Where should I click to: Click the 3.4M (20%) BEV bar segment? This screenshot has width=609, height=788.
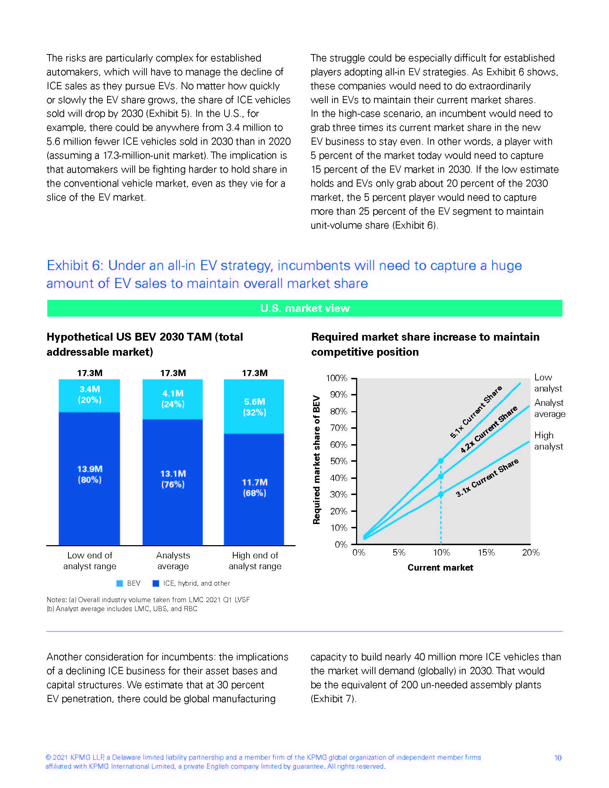(90, 395)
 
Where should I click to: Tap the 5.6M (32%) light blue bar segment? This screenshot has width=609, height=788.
(254, 407)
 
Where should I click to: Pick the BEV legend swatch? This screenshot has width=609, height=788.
(120, 583)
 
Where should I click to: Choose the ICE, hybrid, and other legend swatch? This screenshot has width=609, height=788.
(156, 583)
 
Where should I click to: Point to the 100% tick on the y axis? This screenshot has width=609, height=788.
(337, 378)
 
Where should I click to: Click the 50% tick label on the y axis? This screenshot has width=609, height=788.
(339, 461)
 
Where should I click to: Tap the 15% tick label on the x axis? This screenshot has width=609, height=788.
(486, 552)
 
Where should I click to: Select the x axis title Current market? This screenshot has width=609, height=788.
(440, 568)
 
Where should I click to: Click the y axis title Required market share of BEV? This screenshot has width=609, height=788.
(316, 460)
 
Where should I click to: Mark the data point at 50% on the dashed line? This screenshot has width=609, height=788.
(441, 461)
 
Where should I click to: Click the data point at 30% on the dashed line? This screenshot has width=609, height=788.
(441, 494)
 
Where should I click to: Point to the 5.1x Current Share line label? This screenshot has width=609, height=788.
(475, 412)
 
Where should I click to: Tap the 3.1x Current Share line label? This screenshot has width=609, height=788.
(487, 478)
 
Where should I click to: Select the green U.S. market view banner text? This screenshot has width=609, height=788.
(305, 308)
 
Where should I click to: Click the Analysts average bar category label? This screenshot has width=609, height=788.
(173, 561)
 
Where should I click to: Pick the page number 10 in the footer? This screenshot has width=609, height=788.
(557, 758)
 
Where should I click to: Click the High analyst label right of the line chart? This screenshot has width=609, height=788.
(548, 441)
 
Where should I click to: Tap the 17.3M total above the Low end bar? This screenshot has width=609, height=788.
(90, 373)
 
